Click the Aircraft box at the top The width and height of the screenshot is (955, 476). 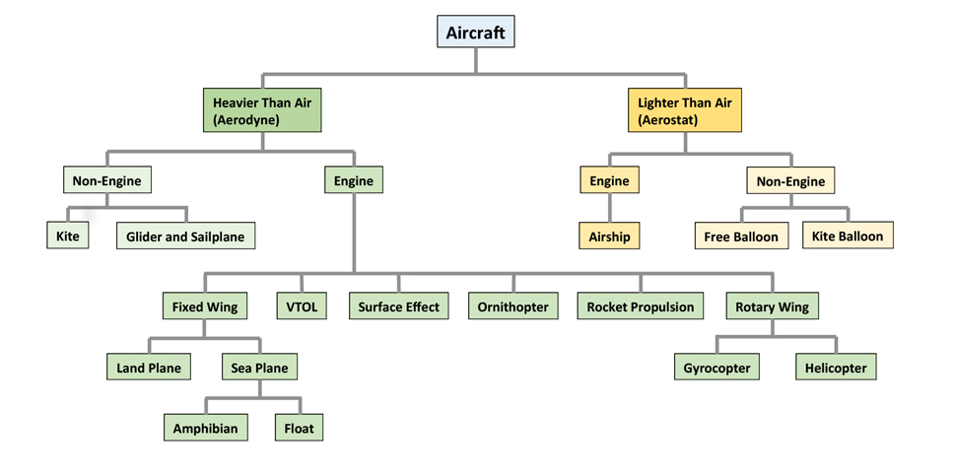[476, 33]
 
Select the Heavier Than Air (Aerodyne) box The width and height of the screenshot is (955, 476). [262, 110]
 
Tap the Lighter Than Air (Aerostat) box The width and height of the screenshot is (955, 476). [685, 110]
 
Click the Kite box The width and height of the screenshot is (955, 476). [67, 237]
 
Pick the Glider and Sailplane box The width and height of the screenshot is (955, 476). [185, 237]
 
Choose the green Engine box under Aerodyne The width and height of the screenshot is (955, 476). [354, 180]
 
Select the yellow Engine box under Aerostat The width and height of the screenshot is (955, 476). [609, 180]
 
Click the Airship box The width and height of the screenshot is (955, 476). [609, 237]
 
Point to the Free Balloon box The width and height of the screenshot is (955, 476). [741, 237]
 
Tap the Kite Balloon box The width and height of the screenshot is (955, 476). [848, 236]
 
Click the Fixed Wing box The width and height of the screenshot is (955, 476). [205, 306]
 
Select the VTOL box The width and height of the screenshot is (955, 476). [302, 306]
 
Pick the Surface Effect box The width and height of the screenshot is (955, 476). [399, 306]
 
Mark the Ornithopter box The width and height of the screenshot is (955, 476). [512, 306]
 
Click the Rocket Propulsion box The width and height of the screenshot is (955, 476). [641, 306]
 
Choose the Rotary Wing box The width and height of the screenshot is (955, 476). [772, 306]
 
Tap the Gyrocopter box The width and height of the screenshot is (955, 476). [716, 368]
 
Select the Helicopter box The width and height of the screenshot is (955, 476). [836, 368]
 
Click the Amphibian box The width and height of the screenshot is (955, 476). [205, 429]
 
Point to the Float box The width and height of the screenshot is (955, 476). [299, 429]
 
